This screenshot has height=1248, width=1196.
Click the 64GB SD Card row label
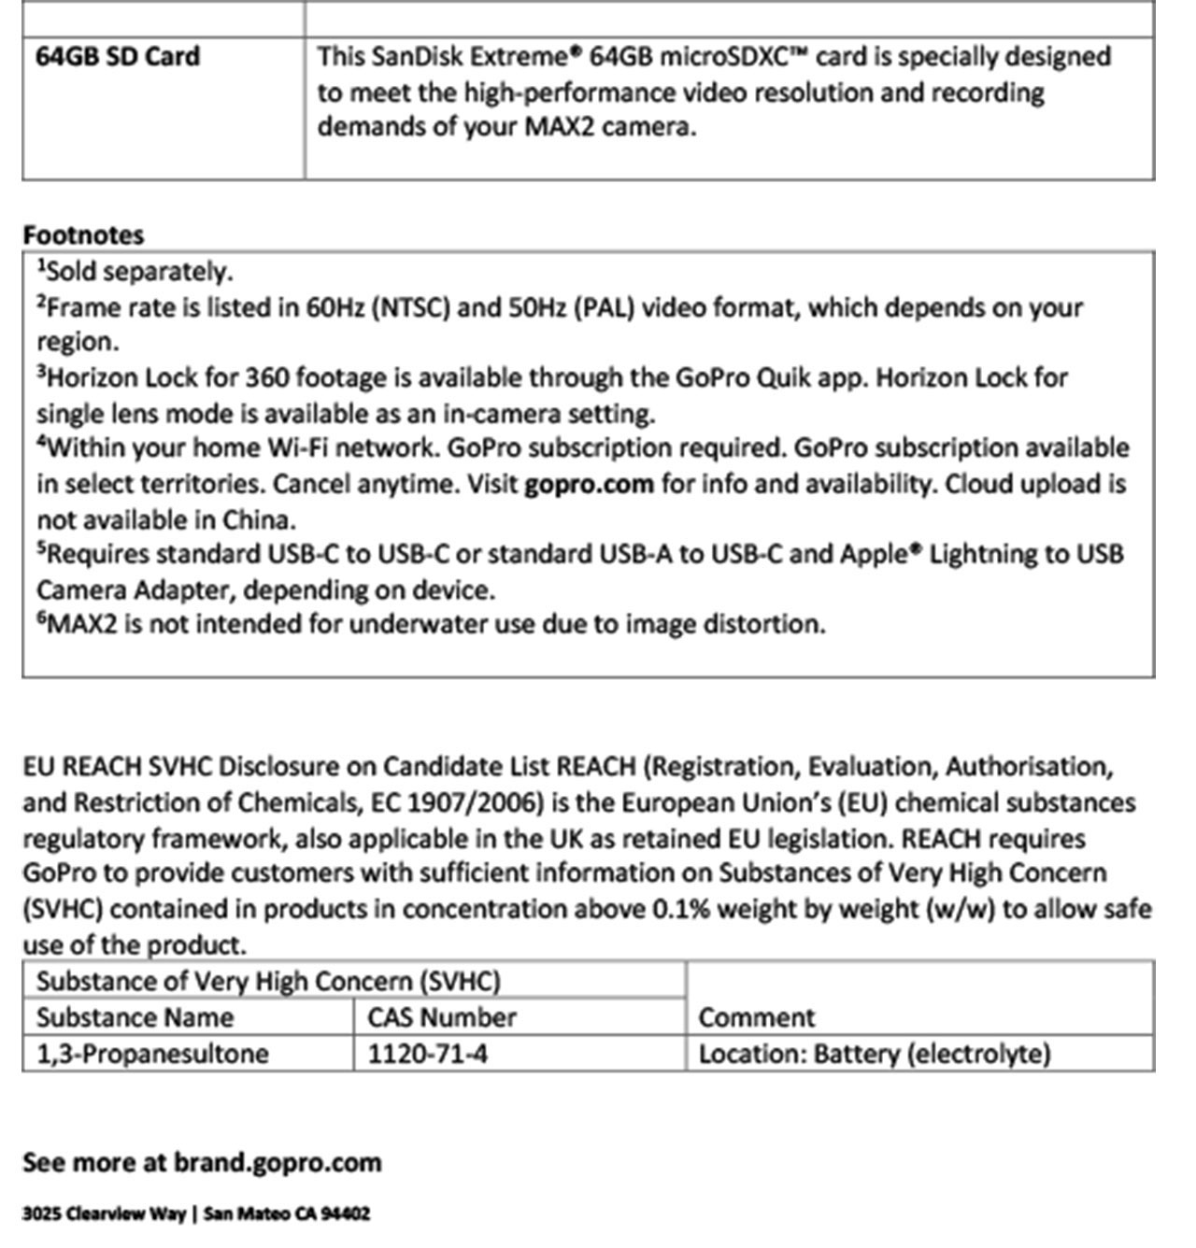point(118,57)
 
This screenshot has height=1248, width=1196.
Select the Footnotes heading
point(83,234)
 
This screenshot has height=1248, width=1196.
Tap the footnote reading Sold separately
point(135,272)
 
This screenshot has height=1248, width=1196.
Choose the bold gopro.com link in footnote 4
point(589,484)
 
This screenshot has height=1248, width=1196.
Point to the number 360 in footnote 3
point(265,378)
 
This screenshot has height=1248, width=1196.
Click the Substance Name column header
point(135,1017)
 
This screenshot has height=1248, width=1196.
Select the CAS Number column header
point(442,1017)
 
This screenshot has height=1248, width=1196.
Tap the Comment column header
point(757,1017)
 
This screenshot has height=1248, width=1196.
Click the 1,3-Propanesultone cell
point(152,1054)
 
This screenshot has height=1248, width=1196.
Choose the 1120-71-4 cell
point(427,1054)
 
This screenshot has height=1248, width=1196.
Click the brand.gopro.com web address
point(278,1163)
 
